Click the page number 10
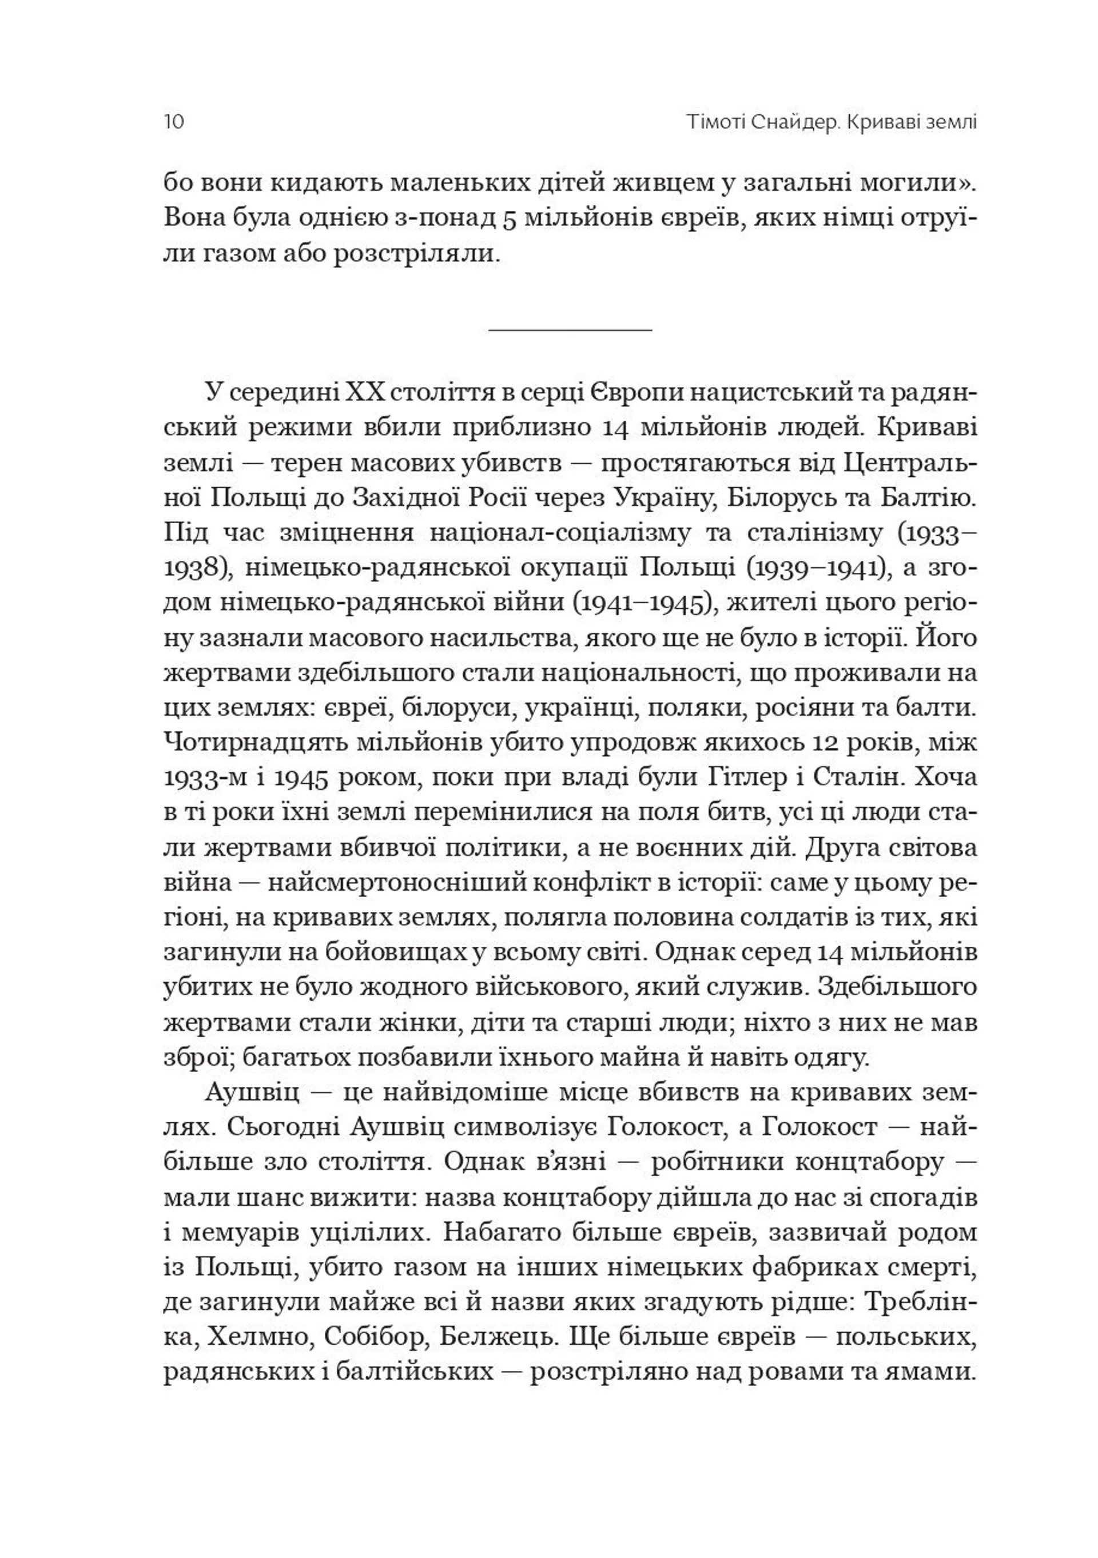174,122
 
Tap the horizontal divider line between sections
570,330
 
